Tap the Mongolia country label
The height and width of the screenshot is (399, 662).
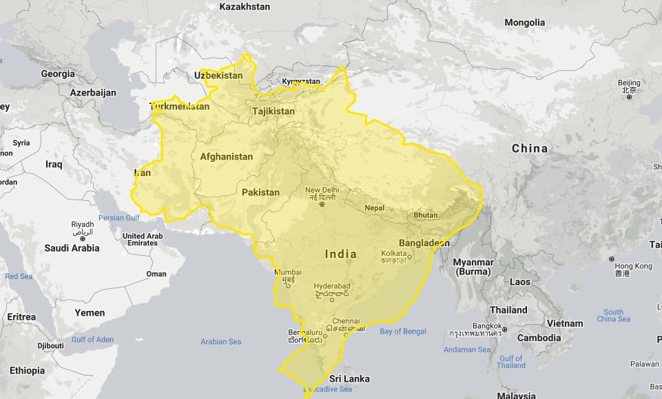point(525,23)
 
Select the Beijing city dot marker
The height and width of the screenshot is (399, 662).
point(629,97)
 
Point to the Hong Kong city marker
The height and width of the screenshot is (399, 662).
point(612,259)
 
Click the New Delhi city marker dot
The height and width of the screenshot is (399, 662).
point(322,204)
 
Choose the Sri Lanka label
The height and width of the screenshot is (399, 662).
point(349,379)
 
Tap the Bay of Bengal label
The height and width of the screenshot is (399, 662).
point(403,332)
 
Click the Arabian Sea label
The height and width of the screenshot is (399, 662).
point(220,341)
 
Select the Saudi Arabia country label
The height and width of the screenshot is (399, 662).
point(72,248)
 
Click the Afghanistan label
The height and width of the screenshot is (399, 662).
point(227,157)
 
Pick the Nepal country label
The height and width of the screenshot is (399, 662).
point(374,207)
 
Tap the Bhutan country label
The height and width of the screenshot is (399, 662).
point(426,215)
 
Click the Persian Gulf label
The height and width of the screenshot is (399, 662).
point(121,218)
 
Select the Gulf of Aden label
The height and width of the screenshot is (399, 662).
point(92,339)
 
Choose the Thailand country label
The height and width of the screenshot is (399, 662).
point(508,310)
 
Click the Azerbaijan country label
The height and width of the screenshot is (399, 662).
point(93,92)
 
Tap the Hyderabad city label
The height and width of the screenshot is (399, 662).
point(331,285)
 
